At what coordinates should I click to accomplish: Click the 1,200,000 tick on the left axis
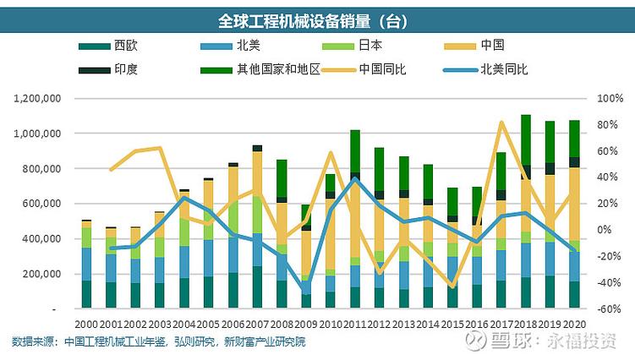(x=38, y=98)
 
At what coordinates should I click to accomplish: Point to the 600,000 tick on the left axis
(x=42, y=204)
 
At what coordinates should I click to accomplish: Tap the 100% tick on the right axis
(x=609, y=98)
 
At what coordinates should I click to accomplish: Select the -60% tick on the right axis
(x=609, y=309)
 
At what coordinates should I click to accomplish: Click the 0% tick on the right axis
(x=605, y=230)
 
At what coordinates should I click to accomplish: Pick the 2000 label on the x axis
(x=86, y=325)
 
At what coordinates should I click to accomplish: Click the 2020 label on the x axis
(x=574, y=325)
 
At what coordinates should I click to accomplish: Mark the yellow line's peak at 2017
(x=501, y=123)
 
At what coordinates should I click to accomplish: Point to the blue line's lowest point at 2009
(x=306, y=292)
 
